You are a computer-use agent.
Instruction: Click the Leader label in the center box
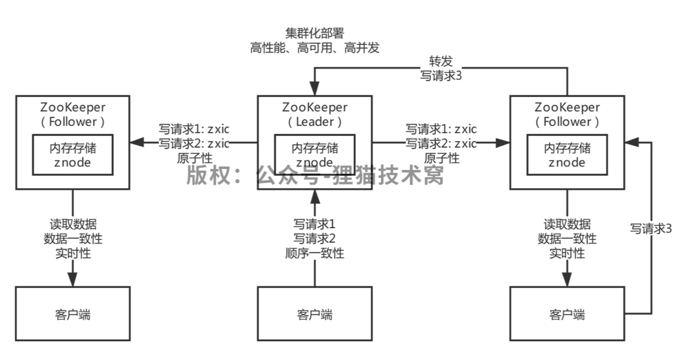[x=315, y=121]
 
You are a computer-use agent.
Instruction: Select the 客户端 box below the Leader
[x=315, y=314]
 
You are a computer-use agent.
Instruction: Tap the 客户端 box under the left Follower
[x=73, y=314]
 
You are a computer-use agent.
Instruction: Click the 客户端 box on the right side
[x=567, y=314]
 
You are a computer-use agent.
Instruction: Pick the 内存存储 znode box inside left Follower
[x=73, y=155]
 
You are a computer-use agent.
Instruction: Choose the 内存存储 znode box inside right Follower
[x=567, y=155]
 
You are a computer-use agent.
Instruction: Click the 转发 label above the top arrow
[x=441, y=61]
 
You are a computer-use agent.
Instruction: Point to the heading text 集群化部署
[x=315, y=33]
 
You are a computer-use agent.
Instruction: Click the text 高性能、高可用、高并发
[x=315, y=48]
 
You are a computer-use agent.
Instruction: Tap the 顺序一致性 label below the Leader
[x=315, y=253]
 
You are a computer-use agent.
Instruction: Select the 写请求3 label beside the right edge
[x=651, y=228]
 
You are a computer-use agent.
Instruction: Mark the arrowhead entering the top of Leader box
[x=315, y=88]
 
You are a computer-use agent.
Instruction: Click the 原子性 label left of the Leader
[x=195, y=158]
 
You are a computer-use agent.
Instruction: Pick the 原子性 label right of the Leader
[x=441, y=158]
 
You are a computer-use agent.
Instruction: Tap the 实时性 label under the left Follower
[x=73, y=253]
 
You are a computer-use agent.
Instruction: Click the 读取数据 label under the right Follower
[x=567, y=224]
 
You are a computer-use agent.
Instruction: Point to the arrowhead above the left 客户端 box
[x=73, y=279]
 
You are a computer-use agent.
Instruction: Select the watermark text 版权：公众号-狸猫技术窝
[x=315, y=175]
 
